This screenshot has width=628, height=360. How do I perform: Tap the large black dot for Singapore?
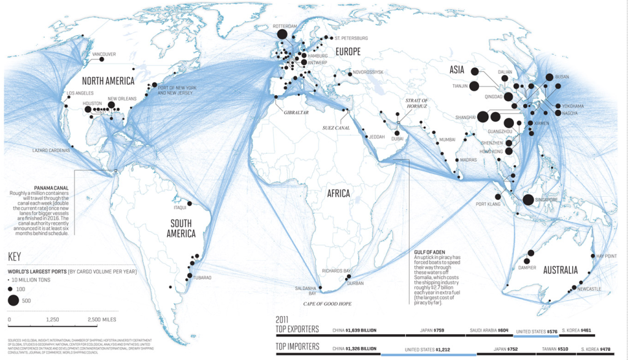coord(528,199)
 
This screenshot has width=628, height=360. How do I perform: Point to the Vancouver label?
coord(104,54)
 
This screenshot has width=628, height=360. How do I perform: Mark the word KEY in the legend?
coord(17,257)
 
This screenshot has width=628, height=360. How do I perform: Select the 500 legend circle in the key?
coord(13,300)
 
